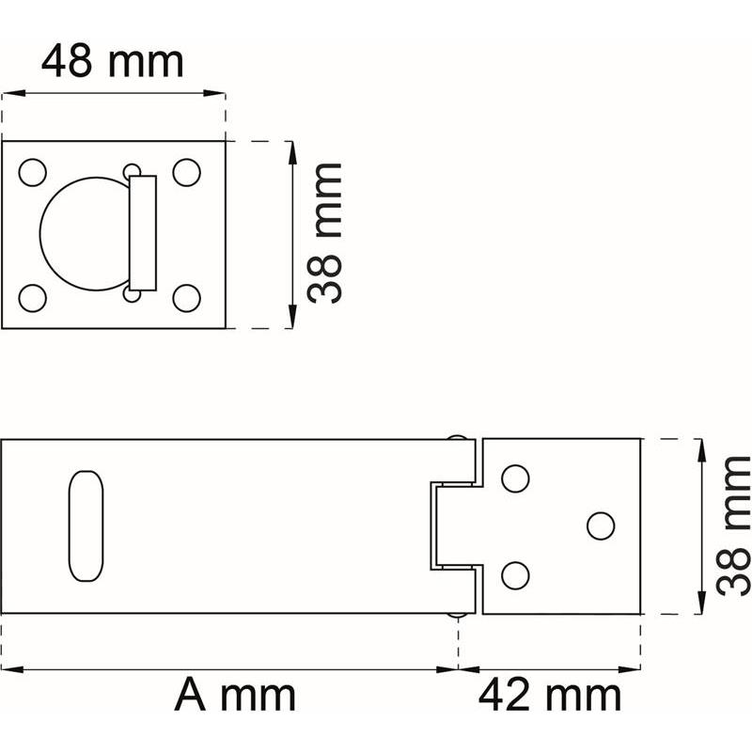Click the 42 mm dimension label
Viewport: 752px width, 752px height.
click(550, 697)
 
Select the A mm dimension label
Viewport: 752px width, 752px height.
click(235, 697)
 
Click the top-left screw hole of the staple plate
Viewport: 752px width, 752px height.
click(33, 173)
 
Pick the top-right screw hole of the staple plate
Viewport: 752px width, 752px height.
click(187, 173)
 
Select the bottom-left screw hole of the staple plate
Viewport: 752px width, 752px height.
click(33, 297)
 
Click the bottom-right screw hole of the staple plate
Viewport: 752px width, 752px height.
click(187, 297)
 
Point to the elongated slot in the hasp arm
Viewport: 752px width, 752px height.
click(83, 525)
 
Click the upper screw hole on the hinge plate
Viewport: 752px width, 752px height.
click(515, 478)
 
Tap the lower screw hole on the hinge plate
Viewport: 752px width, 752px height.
click(515, 572)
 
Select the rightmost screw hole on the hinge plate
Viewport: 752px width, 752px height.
click(601, 525)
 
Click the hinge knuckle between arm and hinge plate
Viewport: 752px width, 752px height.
click(455, 525)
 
